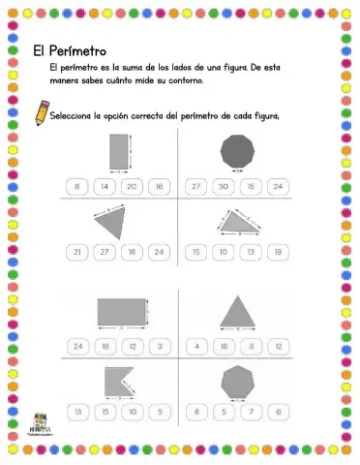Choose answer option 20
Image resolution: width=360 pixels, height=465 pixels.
coord(132,185)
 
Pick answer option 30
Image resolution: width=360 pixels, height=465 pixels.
coord(224,185)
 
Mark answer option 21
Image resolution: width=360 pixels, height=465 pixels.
coord(77,252)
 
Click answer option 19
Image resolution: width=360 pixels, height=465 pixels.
coord(278,252)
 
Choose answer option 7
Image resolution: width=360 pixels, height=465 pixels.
coord(251,412)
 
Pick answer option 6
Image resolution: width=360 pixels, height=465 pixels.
coord(278,412)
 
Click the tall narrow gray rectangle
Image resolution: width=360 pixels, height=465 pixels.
coord(119,151)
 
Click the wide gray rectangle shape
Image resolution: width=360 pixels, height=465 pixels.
coord(120,311)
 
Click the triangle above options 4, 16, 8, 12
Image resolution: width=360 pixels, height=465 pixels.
coord(237,312)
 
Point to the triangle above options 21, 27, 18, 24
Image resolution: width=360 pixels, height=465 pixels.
coord(112,222)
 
